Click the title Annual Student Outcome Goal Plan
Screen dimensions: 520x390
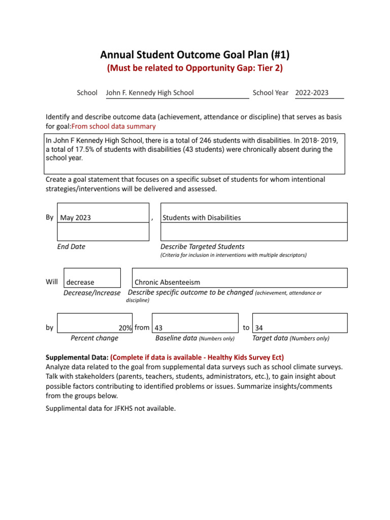point(194,55)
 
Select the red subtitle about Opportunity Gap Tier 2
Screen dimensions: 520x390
point(194,69)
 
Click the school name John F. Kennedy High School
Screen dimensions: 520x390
point(149,93)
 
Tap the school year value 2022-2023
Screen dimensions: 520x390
point(312,93)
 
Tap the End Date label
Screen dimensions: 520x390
point(71,247)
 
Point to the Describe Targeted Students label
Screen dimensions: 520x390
point(202,247)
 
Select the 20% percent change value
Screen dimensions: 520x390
point(125,328)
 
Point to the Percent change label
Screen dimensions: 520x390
point(94,338)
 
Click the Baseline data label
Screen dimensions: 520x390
point(176,338)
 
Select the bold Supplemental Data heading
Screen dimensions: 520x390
point(77,357)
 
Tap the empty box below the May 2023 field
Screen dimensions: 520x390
point(103,232)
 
